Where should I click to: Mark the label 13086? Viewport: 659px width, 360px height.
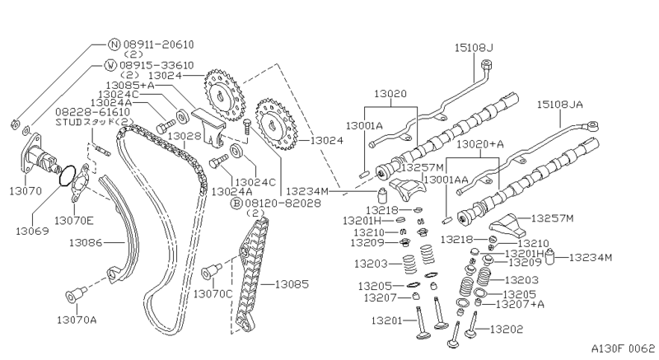[87, 242]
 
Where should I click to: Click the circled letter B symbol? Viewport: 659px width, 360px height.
[236, 203]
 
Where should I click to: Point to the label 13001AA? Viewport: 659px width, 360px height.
[446, 178]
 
